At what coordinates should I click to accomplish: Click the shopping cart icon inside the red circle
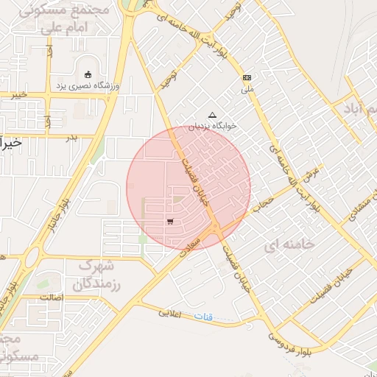click(170, 221)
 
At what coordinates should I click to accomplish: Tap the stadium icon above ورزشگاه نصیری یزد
click(88, 74)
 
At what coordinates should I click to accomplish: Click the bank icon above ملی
click(247, 77)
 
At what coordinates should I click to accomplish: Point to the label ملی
click(247, 89)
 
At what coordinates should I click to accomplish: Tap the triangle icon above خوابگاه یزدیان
click(213, 114)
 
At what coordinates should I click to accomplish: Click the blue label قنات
click(204, 317)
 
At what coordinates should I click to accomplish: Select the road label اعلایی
click(174, 313)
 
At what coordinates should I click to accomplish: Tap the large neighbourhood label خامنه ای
click(293, 243)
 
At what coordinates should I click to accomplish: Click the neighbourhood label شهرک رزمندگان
click(99, 273)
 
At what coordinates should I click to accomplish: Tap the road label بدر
click(71, 137)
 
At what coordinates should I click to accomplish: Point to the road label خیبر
click(19, 94)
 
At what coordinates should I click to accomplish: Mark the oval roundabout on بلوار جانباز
click(31, 257)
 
